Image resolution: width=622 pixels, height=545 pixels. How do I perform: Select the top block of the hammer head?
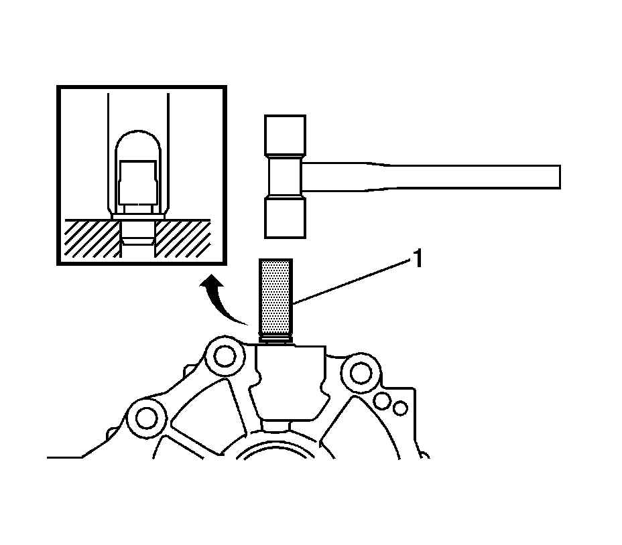[x=286, y=136]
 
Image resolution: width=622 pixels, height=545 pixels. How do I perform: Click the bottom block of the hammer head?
[x=286, y=217]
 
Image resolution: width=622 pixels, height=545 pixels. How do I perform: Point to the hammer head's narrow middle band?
[x=286, y=177]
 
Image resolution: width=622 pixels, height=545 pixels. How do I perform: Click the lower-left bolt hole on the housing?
[x=142, y=419]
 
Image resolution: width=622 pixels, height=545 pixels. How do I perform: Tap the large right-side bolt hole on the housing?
[x=360, y=370]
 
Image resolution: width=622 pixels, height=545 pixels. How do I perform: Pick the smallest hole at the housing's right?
[x=400, y=408]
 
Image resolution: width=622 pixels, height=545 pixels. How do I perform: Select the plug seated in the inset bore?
[x=139, y=228]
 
